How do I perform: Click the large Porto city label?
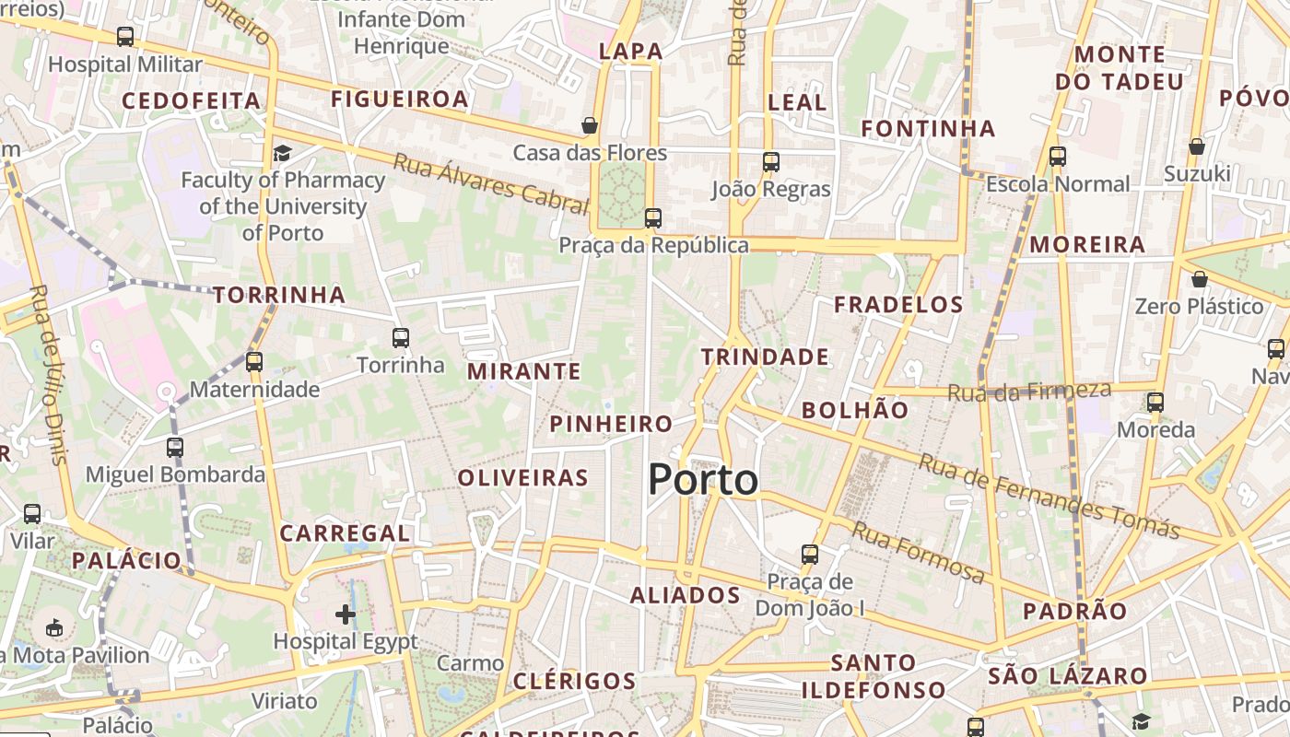(703, 480)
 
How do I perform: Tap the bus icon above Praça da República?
(653, 218)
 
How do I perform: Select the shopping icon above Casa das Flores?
(590, 125)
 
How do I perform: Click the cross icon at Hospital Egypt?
(346, 614)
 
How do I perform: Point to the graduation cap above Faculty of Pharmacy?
(282, 153)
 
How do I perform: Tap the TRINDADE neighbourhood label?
(765, 357)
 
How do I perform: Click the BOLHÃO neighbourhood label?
(855, 411)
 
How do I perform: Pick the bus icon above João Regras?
(771, 162)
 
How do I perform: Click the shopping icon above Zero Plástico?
(1199, 279)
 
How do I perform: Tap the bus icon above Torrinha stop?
(401, 338)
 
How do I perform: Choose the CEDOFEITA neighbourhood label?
(192, 100)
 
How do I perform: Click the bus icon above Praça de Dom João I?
(810, 555)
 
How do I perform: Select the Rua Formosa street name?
(917, 551)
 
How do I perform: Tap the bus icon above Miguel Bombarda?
(175, 448)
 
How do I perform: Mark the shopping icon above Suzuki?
(1196, 146)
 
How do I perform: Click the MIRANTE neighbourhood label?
(524, 371)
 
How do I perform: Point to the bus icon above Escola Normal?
(1057, 157)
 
